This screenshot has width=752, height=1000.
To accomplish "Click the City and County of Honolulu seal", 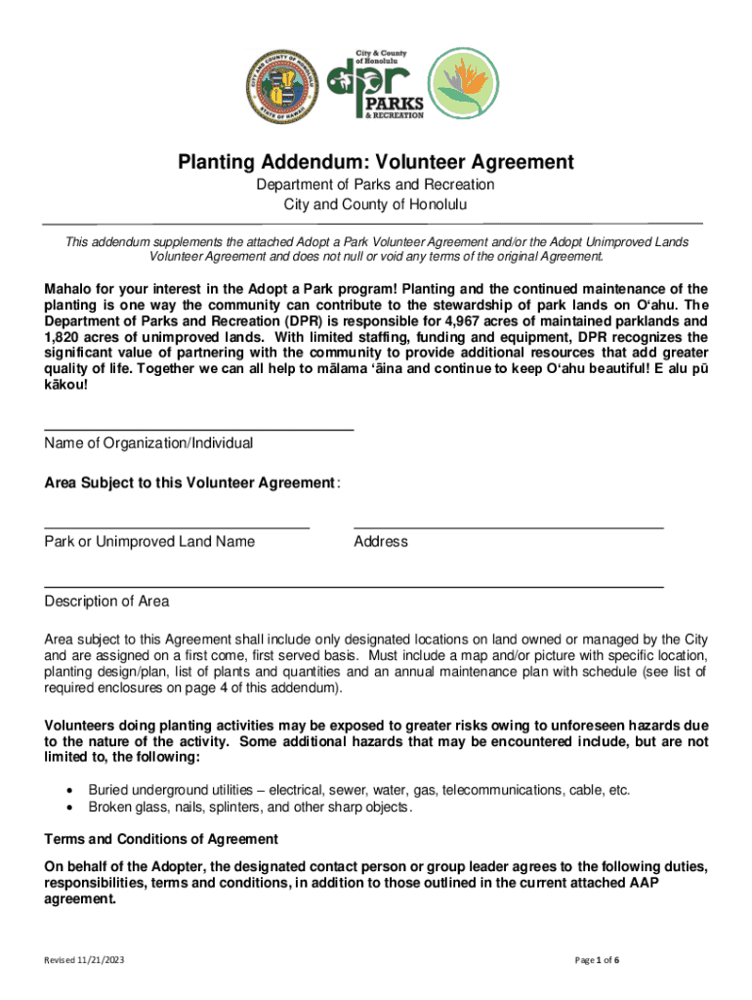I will point(290,83).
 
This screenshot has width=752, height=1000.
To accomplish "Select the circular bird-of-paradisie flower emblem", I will point(466,83).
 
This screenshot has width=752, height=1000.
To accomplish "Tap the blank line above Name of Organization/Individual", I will point(199,430).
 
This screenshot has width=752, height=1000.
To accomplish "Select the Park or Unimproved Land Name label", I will point(149,541).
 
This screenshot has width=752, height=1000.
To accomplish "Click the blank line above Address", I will point(508,527).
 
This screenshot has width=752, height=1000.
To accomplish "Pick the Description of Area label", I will point(106,601).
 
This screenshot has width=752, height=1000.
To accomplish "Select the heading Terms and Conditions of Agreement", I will point(161,839).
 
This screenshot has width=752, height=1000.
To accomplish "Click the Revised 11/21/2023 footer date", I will point(84,960).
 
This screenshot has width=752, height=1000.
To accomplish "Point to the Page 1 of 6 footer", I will point(599,960).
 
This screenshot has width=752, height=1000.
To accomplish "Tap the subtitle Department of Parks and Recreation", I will point(375,185).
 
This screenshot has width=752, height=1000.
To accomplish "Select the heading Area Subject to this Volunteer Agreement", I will point(190,482).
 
